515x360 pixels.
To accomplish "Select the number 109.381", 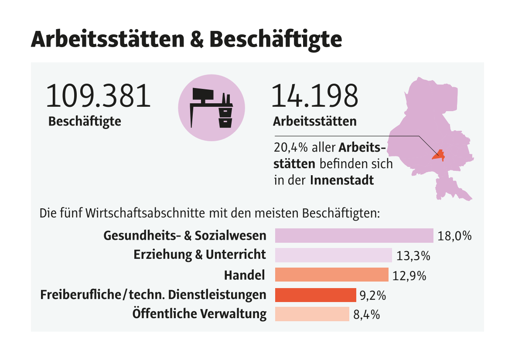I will [x=98, y=97].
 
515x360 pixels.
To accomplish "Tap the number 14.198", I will [x=314, y=97].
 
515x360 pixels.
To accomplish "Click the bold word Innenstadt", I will [x=342, y=180].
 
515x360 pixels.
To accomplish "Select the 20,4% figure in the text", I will [x=290, y=148].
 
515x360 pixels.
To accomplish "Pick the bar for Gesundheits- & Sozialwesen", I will [x=354, y=236].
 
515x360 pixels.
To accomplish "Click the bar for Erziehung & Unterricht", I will [x=334, y=255].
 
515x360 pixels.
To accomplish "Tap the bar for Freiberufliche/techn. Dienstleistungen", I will [x=315, y=295].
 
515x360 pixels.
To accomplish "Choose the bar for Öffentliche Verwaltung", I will [x=312, y=314].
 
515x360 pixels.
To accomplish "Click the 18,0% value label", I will [x=454, y=236].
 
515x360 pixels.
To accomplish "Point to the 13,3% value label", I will [x=413, y=256].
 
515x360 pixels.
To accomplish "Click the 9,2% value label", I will [x=373, y=295].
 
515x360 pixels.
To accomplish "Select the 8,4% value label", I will [x=366, y=315].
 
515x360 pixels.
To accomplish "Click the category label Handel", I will [x=244, y=275].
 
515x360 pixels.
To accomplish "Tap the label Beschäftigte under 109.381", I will [x=85, y=121].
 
